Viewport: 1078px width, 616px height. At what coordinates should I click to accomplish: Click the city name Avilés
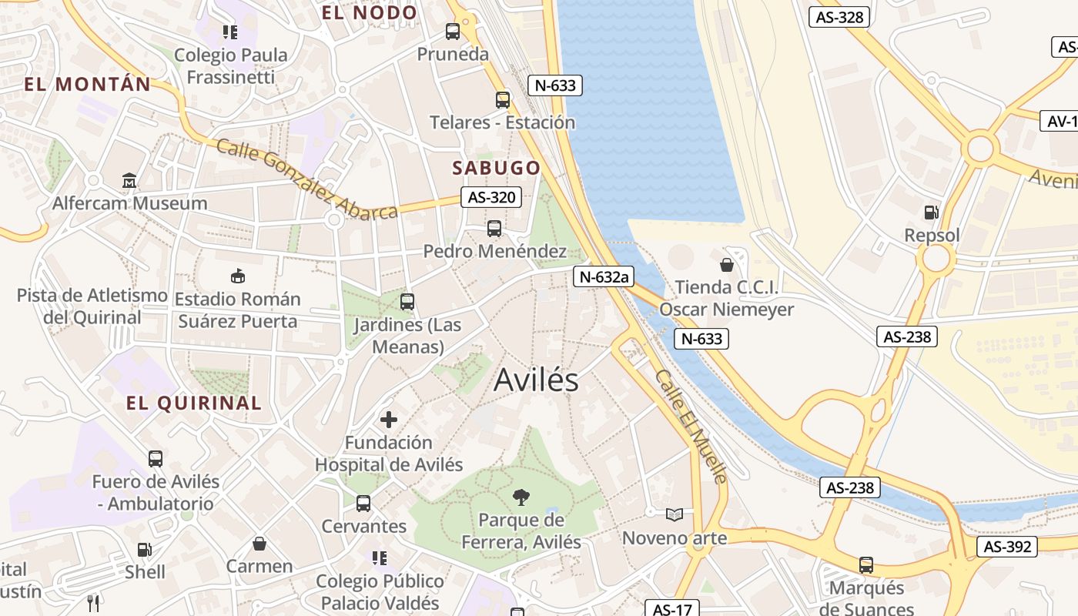click(536, 380)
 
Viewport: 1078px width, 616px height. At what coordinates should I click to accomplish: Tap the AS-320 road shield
click(490, 198)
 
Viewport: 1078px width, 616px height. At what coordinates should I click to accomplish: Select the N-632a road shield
click(603, 277)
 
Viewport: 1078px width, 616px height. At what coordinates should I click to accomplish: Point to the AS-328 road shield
click(839, 17)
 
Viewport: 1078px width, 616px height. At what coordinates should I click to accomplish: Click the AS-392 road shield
click(1007, 547)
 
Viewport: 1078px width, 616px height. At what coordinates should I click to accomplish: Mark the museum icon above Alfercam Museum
click(129, 181)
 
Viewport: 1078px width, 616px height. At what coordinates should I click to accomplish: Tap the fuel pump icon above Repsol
click(932, 212)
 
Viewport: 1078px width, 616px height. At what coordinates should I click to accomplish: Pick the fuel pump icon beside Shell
click(144, 550)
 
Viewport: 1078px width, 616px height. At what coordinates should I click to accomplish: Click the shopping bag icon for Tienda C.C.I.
click(726, 266)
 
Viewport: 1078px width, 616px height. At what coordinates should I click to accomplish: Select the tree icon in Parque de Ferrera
click(521, 497)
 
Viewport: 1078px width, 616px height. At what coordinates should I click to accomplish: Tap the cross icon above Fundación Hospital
click(389, 420)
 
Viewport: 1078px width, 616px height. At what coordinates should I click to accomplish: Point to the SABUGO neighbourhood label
click(496, 168)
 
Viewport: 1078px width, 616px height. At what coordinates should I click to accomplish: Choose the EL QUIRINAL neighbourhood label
click(193, 403)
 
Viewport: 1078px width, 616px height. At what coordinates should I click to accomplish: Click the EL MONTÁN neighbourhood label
click(87, 85)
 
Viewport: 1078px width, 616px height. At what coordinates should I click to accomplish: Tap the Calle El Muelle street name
click(691, 426)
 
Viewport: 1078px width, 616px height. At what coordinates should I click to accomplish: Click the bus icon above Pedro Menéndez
click(494, 229)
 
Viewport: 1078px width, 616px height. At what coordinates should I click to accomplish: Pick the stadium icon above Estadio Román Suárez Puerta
click(238, 276)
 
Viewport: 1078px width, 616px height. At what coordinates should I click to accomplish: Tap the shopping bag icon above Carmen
click(259, 544)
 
